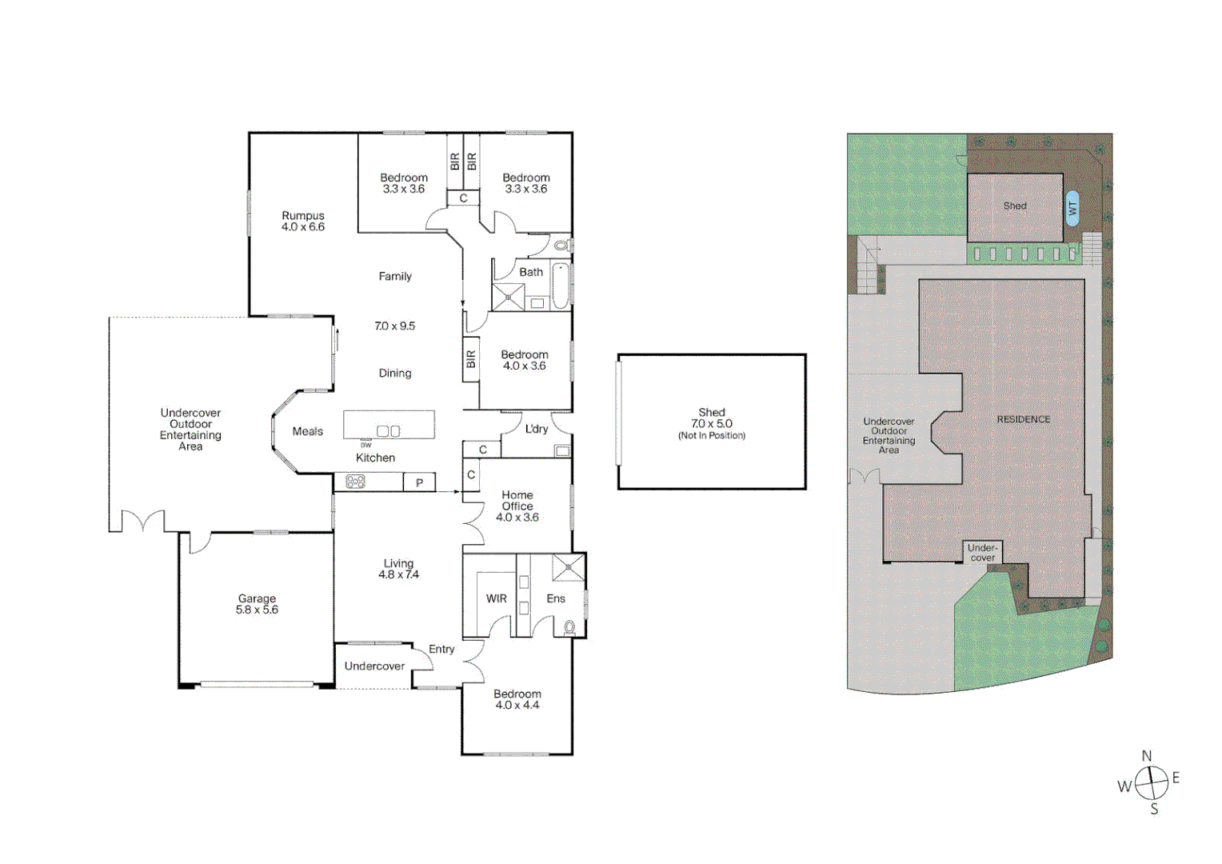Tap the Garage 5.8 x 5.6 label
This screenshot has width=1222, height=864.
point(257,604)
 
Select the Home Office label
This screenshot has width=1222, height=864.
point(517,501)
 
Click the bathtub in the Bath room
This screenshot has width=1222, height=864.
point(560,286)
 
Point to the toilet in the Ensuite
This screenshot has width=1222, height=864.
point(569,626)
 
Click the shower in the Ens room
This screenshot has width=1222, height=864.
point(569,568)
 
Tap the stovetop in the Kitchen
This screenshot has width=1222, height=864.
point(355,482)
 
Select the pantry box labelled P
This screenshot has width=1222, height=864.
point(419,482)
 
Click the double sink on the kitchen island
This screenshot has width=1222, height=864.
point(389,431)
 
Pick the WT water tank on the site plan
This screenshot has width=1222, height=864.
point(1072,208)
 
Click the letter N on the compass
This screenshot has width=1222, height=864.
point(1147,756)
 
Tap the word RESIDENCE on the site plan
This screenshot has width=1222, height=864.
point(1023,419)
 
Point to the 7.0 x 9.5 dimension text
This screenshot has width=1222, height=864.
point(395,326)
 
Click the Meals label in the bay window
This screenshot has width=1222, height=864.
point(308,431)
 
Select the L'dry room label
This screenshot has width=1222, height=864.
point(537,429)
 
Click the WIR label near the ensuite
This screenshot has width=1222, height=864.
point(497,598)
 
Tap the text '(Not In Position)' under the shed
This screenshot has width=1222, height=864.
point(712,436)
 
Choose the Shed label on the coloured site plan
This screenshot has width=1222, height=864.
point(1015,206)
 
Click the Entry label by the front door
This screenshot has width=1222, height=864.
point(441,649)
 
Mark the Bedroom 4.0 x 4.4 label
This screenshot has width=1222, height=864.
point(517,699)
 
